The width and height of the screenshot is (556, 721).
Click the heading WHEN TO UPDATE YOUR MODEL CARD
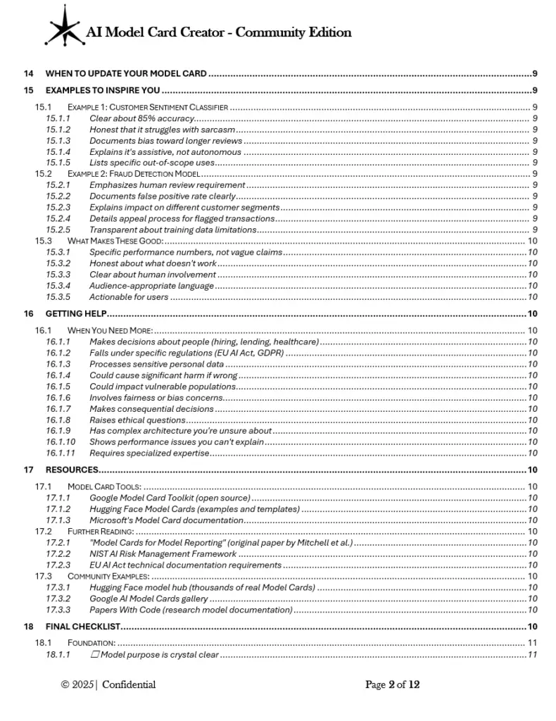coord(126,73)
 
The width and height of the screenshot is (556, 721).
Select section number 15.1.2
coord(58,130)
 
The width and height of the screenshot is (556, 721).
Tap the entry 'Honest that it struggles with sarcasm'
coord(162,130)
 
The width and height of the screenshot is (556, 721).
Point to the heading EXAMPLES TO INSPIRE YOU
coord(103,90)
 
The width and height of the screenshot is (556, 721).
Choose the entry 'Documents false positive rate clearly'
coord(163,196)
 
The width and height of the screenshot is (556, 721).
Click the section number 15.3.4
coord(58,286)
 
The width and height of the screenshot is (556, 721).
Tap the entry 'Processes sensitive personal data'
coord(156,364)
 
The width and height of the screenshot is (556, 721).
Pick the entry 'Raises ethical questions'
coord(137,420)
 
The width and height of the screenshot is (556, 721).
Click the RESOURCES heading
coord(72,470)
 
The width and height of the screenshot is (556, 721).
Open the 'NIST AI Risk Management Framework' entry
coord(163,554)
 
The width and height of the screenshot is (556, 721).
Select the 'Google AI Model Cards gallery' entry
coord(156,598)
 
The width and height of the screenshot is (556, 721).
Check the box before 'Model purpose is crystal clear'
coord(96,656)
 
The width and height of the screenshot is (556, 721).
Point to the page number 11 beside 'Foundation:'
coord(533,643)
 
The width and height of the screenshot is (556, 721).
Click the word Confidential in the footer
coord(129,684)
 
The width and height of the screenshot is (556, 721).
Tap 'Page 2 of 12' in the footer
coord(393,684)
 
